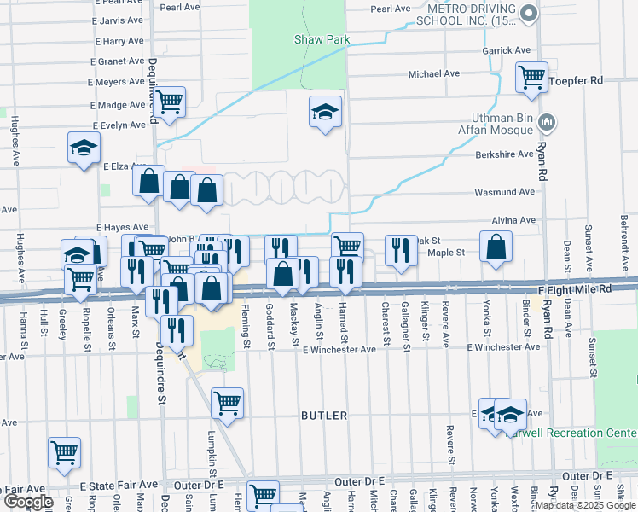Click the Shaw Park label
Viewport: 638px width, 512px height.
tap(322, 39)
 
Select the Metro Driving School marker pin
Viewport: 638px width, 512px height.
tap(529, 13)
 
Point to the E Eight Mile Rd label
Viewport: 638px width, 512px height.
tap(588, 289)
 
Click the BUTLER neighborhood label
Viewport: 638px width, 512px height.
tap(324, 416)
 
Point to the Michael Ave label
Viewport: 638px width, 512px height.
tap(434, 74)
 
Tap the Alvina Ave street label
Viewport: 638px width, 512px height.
tap(513, 220)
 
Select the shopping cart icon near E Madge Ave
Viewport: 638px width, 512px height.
tap(170, 101)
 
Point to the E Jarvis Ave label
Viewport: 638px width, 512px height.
tap(119, 19)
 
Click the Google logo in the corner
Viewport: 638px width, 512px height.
tap(27, 503)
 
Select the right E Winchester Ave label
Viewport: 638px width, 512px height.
tap(503, 347)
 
